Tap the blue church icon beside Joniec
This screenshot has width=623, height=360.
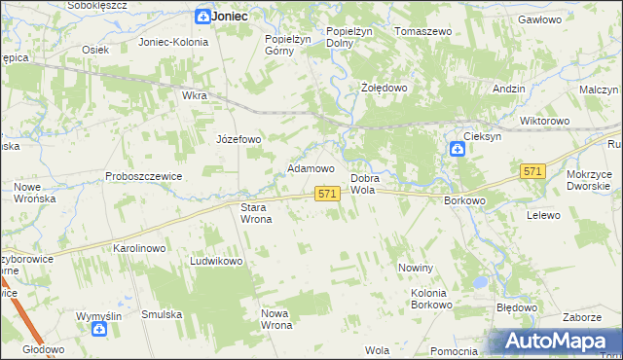(202, 17)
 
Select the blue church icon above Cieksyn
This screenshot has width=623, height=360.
(458, 149)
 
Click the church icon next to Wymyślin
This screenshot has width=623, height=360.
(99, 330)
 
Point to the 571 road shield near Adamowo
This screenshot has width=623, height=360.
(327, 195)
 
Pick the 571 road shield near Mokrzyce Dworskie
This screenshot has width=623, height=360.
(531, 171)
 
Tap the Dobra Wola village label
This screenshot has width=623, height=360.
(364, 185)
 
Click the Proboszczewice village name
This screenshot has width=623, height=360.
(144, 176)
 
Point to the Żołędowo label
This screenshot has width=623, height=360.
(384, 88)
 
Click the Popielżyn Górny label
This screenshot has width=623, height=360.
(286, 46)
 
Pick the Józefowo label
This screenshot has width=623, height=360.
(238, 139)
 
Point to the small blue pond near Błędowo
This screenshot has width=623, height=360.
(478, 282)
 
